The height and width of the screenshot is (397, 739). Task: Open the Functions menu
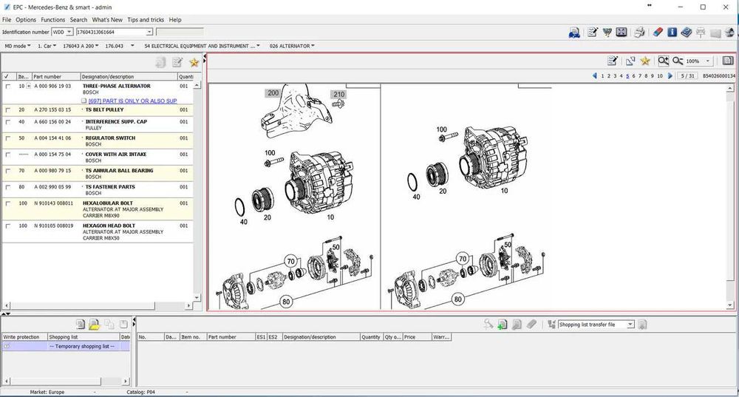[52, 20]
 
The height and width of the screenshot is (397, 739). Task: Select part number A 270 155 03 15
[52, 109]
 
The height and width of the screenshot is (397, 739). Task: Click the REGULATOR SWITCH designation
[110, 138]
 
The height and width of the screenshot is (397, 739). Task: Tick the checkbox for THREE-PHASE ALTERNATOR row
[7, 86]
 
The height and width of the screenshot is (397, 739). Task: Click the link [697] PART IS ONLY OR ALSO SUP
[132, 101]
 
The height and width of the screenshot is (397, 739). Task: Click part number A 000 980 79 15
[52, 171]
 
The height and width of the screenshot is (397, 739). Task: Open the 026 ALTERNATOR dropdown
[292, 46]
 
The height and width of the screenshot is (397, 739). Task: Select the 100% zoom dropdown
[698, 61]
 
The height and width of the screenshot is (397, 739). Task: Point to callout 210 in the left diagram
[339, 95]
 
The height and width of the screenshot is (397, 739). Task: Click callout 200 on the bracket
[273, 93]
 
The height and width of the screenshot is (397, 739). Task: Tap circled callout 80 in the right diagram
[458, 299]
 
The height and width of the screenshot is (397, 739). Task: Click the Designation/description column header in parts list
[108, 76]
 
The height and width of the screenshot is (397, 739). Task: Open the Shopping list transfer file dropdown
[596, 325]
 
